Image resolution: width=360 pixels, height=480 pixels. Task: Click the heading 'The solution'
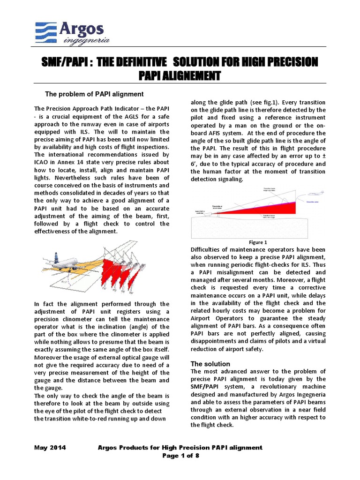pyautogui.click(x=210, y=364)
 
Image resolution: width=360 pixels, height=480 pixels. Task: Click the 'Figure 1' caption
pyautogui.click(x=258, y=242)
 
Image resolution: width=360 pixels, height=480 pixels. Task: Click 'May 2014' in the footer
pyautogui.click(x=50, y=448)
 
